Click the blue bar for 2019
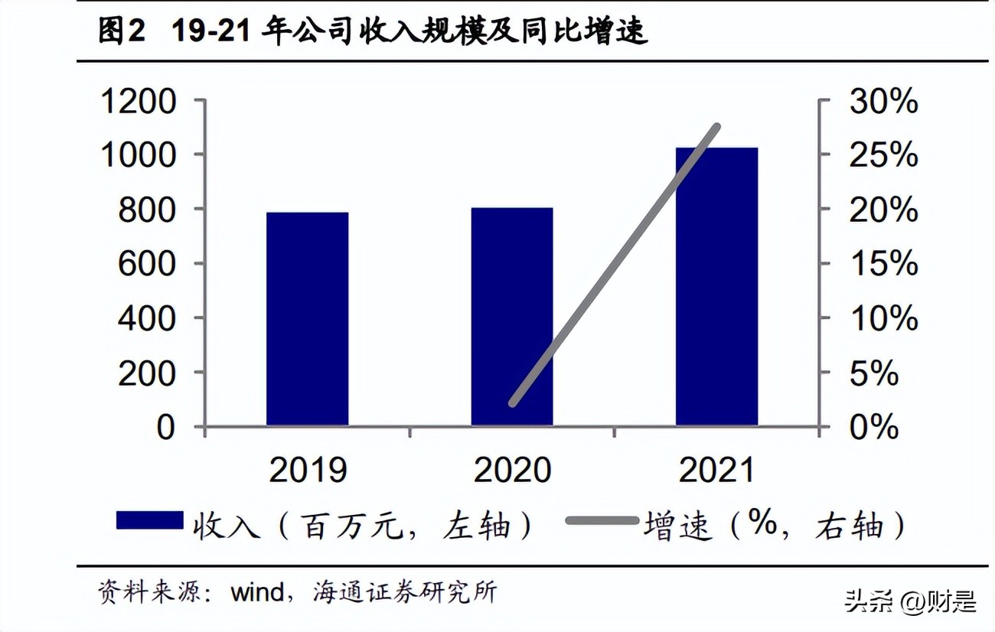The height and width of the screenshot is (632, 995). pyautogui.click(x=307, y=319)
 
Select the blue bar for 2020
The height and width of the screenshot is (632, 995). pyautogui.click(x=511, y=317)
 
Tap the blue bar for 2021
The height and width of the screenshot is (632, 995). pyautogui.click(x=716, y=286)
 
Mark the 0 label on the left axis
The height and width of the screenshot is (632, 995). pyautogui.click(x=165, y=427)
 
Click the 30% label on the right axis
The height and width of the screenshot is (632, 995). pyautogui.click(x=882, y=101)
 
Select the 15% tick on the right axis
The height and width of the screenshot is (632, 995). pyautogui.click(x=882, y=264)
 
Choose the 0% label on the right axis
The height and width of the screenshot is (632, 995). pyautogui.click(x=873, y=427)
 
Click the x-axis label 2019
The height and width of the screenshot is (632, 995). pyautogui.click(x=308, y=470)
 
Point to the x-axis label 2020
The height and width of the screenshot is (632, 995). pyautogui.click(x=512, y=470)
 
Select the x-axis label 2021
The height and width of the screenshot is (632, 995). pyautogui.click(x=716, y=470)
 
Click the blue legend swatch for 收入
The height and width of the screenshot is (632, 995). pyautogui.click(x=149, y=521)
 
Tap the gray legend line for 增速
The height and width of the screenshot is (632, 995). pyautogui.click(x=602, y=521)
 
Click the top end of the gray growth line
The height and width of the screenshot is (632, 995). pyautogui.click(x=717, y=126)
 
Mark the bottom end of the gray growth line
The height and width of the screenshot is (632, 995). pyautogui.click(x=513, y=402)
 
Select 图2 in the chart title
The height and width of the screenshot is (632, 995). pyautogui.click(x=122, y=31)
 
